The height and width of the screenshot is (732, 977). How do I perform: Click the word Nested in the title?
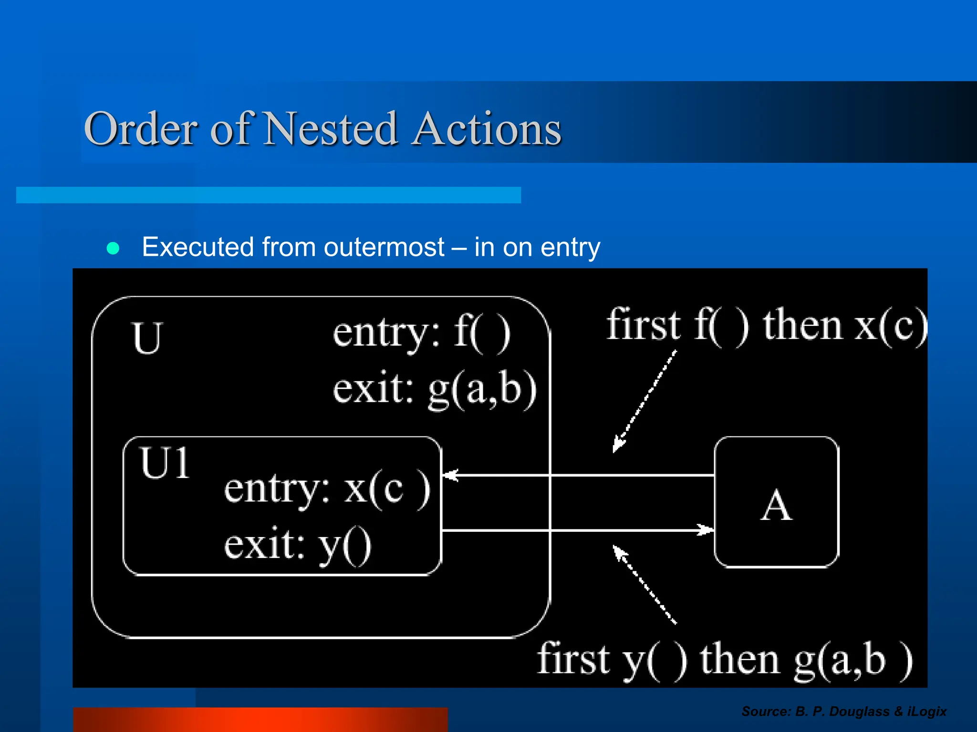coord(330,129)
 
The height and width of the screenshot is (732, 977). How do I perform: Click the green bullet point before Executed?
coord(113,248)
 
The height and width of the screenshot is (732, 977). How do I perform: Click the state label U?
coord(147,338)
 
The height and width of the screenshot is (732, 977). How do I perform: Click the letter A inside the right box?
coord(776,506)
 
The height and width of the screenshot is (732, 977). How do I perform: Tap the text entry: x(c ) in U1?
coord(327,489)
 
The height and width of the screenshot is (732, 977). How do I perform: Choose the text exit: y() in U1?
coord(298,546)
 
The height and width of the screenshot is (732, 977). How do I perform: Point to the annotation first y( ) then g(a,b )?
coord(724,660)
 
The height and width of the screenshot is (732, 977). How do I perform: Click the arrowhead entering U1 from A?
coord(450,475)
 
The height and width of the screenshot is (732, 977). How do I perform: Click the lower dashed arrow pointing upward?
coord(644,584)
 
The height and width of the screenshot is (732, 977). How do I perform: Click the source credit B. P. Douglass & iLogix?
coord(843,712)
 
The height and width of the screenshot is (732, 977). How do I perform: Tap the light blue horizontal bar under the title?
coord(268,195)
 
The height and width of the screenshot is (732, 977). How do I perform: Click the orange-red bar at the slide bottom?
coord(260,720)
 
